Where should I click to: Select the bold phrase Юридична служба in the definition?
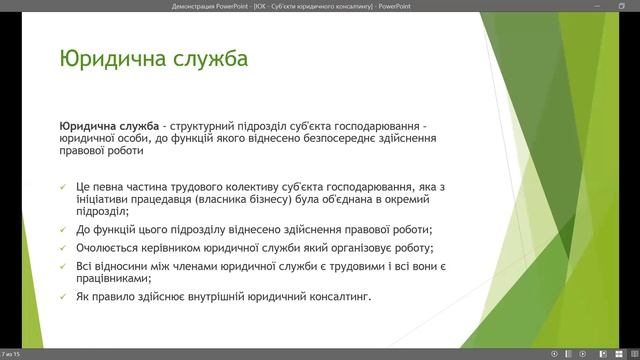tap(109, 127)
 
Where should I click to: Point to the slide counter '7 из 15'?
tap(12, 354)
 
